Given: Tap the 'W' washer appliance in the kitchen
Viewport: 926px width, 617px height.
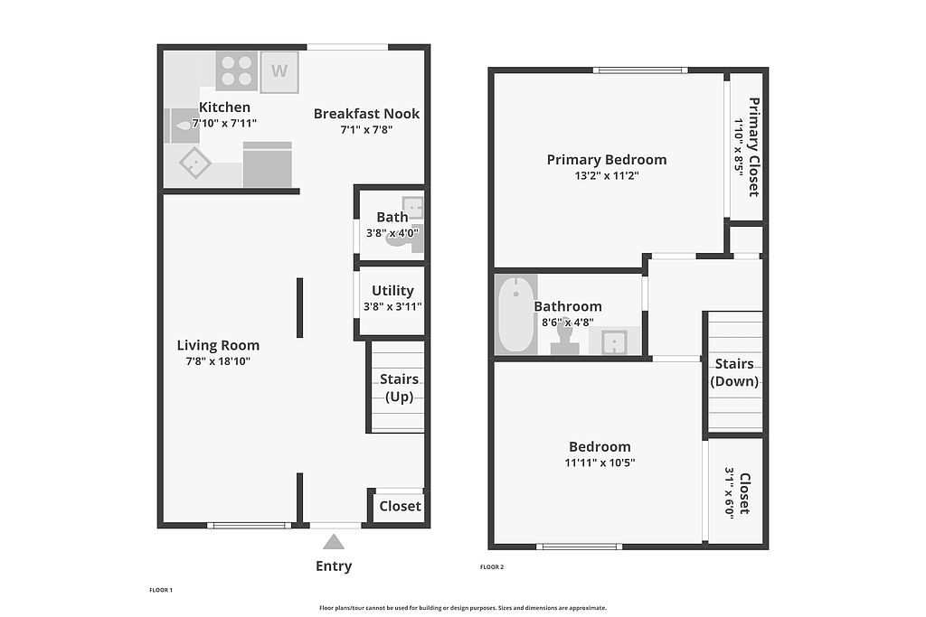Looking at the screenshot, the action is (279, 72).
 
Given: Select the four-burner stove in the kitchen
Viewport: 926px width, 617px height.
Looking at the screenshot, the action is (236, 70).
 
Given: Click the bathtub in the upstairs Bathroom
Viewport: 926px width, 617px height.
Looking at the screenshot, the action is (516, 314).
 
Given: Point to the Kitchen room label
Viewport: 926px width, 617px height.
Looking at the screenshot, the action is (224, 107).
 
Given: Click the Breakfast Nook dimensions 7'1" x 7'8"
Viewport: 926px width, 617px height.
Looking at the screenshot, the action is (366, 129).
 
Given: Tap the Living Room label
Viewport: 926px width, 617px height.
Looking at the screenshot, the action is (218, 345).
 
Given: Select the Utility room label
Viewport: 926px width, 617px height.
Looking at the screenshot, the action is (392, 290).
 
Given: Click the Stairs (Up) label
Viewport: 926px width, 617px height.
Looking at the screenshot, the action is (399, 388).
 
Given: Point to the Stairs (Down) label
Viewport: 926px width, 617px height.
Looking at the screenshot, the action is (734, 372).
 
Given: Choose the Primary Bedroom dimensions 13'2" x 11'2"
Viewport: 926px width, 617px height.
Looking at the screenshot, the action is (607, 175).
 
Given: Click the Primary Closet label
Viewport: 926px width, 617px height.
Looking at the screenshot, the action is (753, 147).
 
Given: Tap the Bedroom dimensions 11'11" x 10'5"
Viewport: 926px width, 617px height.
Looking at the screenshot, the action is (600, 463).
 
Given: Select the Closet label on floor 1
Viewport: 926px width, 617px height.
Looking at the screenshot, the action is (400, 506).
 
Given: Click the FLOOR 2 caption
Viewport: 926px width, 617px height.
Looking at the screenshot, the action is (492, 567).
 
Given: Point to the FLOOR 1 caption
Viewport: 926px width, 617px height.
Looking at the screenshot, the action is (161, 590).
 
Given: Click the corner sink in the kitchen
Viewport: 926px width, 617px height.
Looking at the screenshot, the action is (195, 163).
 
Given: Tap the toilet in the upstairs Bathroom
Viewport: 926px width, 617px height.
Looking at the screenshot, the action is (564, 338).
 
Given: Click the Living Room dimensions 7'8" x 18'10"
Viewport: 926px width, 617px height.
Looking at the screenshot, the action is (218, 361).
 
